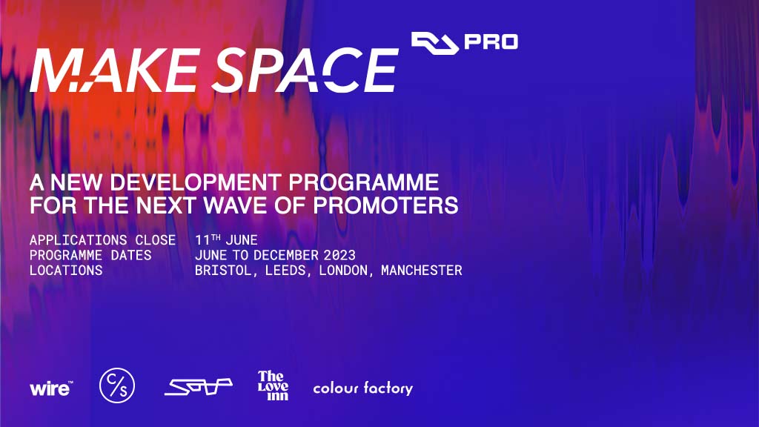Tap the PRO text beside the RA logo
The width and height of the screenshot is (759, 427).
(491, 42)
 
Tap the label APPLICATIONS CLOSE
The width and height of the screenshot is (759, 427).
(102, 240)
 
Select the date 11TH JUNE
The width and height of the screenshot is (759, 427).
(226, 240)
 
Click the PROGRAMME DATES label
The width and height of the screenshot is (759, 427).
(90, 255)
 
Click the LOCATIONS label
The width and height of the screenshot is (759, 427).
(66, 271)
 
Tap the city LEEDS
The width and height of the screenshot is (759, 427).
(285, 271)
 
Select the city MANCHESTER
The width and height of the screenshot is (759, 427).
(421, 271)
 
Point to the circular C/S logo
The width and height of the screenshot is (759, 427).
(117, 387)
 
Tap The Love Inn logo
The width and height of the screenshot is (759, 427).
(273, 385)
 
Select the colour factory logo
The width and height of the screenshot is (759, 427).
(362, 388)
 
